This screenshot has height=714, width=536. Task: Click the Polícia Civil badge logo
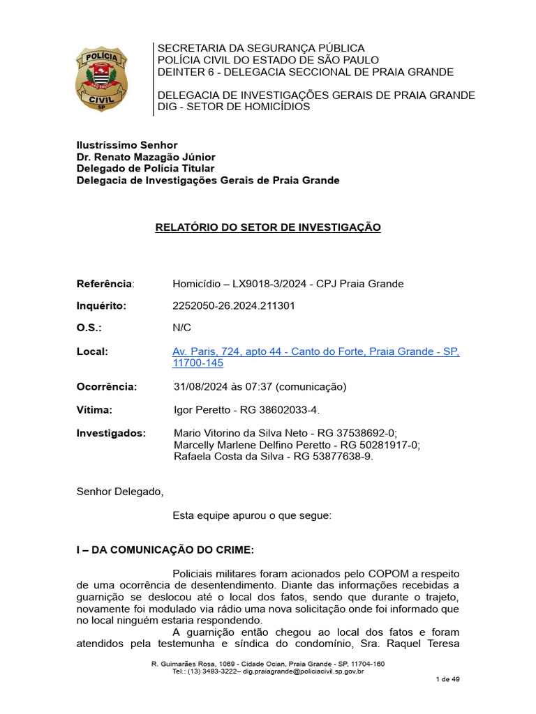(x=101, y=79)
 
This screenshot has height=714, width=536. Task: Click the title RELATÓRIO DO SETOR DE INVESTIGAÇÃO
(x=268, y=227)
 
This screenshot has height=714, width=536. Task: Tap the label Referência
(x=104, y=284)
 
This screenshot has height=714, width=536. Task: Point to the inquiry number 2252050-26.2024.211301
(x=229, y=306)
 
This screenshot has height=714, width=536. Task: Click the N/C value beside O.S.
(x=181, y=328)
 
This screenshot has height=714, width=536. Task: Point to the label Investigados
(x=111, y=433)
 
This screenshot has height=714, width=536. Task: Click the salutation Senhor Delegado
(x=119, y=492)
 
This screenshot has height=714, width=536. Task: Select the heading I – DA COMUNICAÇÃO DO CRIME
(x=165, y=550)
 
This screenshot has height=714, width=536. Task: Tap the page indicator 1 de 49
(x=447, y=679)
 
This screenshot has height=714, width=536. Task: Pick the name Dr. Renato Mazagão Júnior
(x=145, y=157)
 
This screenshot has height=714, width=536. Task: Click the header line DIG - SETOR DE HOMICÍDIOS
(x=234, y=107)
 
